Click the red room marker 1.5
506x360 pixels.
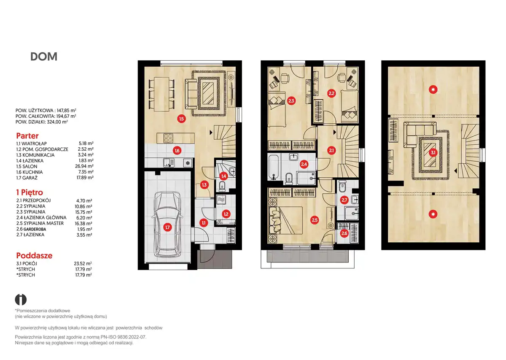181,119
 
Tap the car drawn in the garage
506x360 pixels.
167,225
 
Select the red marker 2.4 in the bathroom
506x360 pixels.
304,164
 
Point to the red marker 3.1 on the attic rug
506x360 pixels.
433,153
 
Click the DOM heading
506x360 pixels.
44,57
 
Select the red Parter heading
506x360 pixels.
27,135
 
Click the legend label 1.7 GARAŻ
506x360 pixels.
27,178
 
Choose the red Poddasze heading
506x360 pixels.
34,255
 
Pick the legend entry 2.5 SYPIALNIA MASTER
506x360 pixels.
40,223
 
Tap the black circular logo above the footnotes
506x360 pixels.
21,300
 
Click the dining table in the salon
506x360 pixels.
161,94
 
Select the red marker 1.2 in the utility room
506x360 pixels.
226,214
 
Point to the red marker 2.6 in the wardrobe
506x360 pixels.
344,233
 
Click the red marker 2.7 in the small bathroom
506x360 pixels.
344,200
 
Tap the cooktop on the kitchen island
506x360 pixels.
168,138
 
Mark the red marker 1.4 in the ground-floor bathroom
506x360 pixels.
223,176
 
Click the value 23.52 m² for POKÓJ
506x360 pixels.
83,263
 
